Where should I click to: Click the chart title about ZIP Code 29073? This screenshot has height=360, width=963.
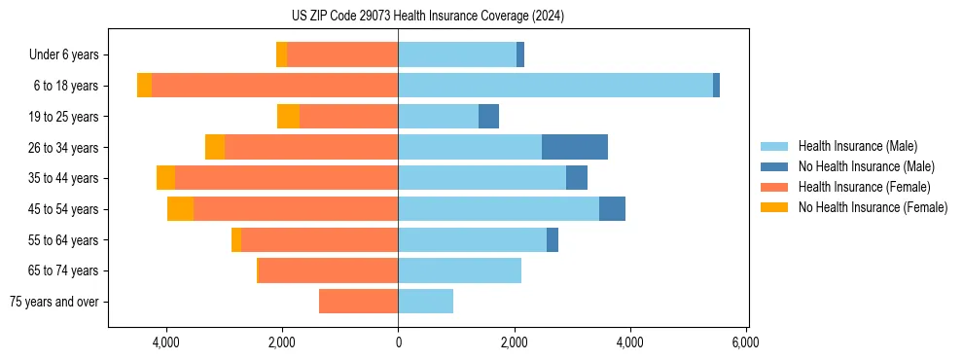tap(427, 16)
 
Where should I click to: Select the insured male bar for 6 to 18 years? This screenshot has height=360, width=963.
tap(555, 86)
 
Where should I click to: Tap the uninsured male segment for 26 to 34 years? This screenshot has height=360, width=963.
tap(575, 147)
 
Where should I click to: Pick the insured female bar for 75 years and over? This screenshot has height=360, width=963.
tap(358, 302)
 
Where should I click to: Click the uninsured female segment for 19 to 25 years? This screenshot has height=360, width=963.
tap(288, 117)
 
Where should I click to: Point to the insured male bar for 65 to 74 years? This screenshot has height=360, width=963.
tap(459, 270)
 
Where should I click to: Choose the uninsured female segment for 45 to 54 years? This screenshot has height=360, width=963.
tap(180, 209)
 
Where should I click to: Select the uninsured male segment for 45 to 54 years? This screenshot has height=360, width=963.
tap(612, 209)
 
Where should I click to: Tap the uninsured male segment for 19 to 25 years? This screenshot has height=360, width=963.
tap(488, 117)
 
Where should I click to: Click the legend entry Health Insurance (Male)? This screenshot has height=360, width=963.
tap(857, 146)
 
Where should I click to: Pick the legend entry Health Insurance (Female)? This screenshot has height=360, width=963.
tap(864, 187)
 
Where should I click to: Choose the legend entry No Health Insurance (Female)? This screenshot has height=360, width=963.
tap(873, 207)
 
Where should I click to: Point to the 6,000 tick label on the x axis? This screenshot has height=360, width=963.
tap(745, 342)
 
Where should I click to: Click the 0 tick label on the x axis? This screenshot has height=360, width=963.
tap(398, 342)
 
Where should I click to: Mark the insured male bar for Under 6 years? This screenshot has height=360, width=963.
tap(457, 55)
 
